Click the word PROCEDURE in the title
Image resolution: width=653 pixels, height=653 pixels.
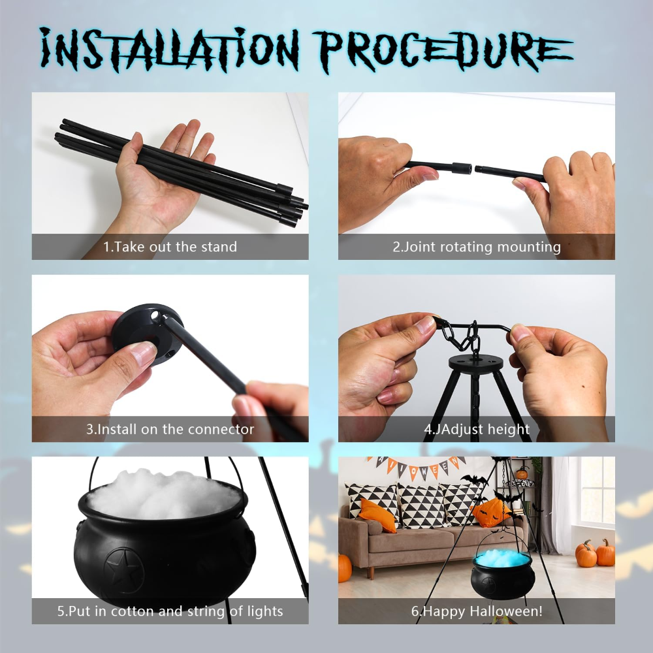(x=443, y=51)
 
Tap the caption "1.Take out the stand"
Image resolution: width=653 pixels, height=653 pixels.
(x=170, y=247)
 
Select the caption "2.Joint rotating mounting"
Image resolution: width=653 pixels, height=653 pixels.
(x=477, y=247)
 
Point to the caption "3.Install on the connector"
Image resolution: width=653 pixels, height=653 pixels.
(x=170, y=429)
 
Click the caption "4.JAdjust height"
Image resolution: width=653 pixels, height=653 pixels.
(x=477, y=429)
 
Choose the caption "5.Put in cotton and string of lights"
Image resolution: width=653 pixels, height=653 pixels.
(x=170, y=611)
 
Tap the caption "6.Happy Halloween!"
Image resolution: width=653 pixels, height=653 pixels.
(x=477, y=611)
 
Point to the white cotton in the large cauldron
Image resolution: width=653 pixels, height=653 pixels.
(x=164, y=495)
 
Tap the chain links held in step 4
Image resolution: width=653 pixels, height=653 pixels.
(x=462, y=335)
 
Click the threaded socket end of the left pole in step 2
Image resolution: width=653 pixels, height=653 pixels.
(x=462, y=168)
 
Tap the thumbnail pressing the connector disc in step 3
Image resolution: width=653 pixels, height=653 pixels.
(x=142, y=353)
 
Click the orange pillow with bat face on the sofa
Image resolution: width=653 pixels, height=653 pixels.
(x=492, y=513)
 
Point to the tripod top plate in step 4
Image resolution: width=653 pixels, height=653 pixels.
(x=475, y=362)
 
